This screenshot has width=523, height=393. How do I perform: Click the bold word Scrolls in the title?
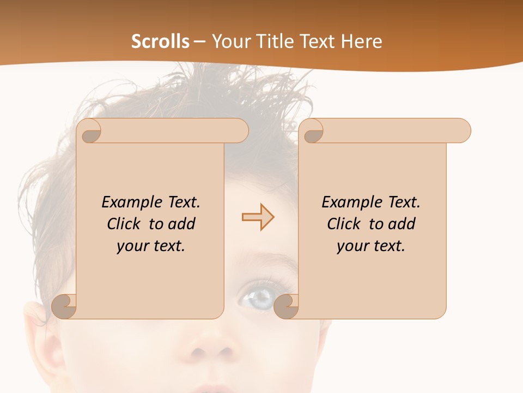[x=160, y=41]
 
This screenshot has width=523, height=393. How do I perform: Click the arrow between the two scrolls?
[x=258, y=217]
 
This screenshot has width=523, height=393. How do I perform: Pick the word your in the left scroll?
[x=130, y=246]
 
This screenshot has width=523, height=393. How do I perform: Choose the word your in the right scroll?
[x=350, y=246]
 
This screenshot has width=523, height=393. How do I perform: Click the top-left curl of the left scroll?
[x=89, y=131]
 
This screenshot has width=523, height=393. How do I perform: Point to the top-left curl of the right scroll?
[x=312, y=131]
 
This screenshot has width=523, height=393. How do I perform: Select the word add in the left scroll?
[x=182, y=224]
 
